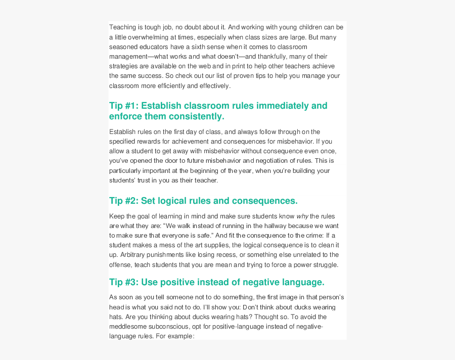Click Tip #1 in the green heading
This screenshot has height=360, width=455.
click(x=123, y=106)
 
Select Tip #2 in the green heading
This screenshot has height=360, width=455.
click(x=123, y=201)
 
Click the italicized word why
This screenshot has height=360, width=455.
click(x=302, y=216)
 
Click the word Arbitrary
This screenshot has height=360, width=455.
click(x=136, y=254)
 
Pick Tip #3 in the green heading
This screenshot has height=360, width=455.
click(x=123, y=282)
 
